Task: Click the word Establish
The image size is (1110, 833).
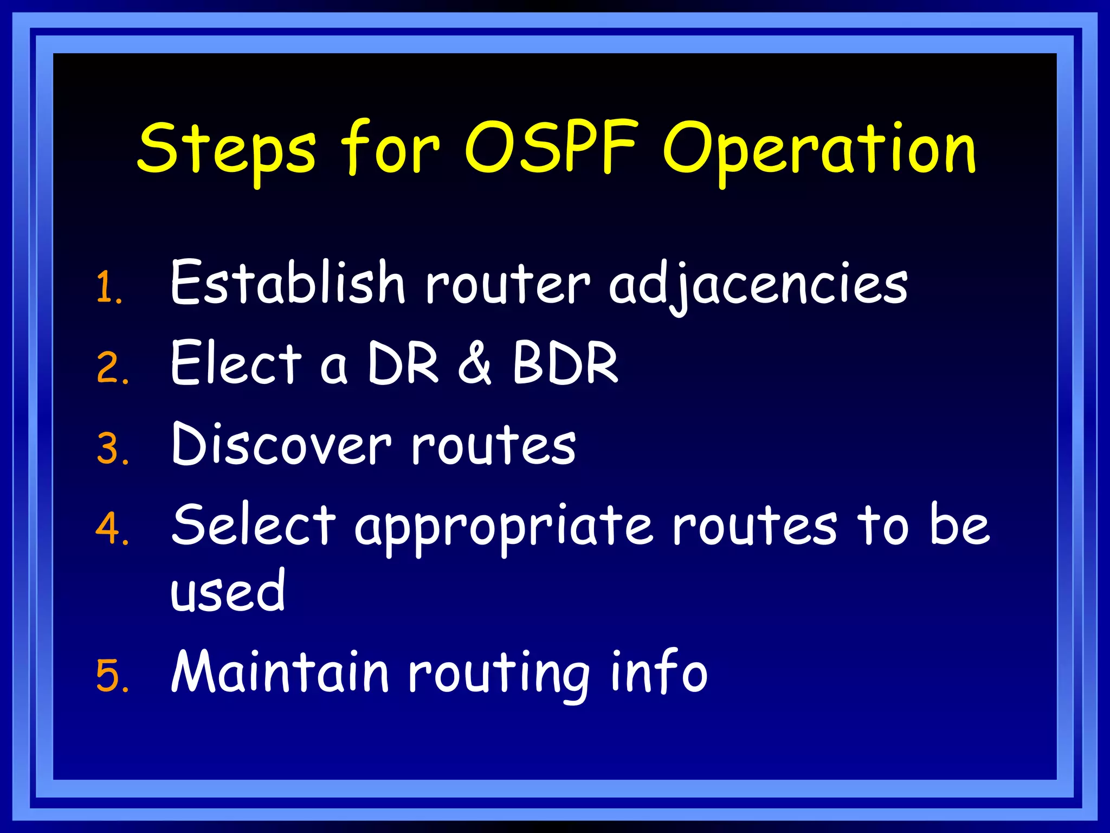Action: pyautogui.click(x=287, y=282)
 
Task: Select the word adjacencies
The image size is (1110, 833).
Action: pyautogui.click(x=758, y=285)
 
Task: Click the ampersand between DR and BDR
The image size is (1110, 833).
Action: pyautogui.click(x=475, y=363)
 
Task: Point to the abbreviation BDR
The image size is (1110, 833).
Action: pyautogui.click(x=565, y=363)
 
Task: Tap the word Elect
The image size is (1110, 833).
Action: pyautogui.click(x=235, y=363)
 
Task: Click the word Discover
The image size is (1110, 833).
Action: pyautogui.click(x=280, y=445)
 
